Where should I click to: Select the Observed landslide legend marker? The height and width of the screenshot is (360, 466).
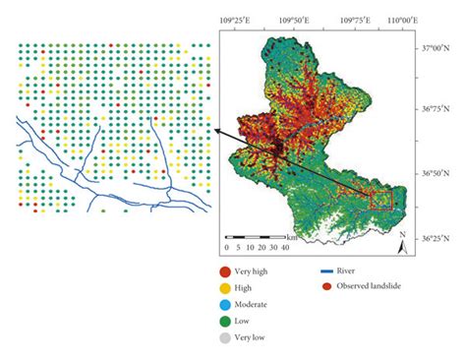(327, 286)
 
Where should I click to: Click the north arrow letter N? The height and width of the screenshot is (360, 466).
(402, 235)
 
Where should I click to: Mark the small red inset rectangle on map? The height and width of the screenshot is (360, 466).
(380, 200)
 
